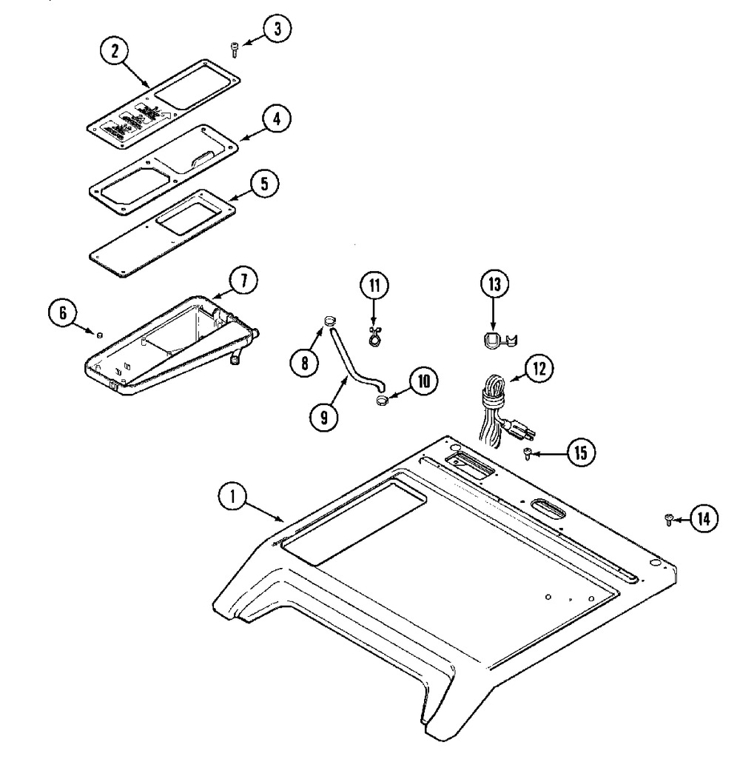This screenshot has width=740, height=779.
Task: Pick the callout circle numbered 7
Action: click(x=243, y=281)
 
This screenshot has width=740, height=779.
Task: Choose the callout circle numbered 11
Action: click(x=374, y=286)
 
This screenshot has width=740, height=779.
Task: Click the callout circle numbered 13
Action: click(x=494, y=285)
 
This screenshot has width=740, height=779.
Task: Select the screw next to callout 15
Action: click(x=528, y=452)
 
